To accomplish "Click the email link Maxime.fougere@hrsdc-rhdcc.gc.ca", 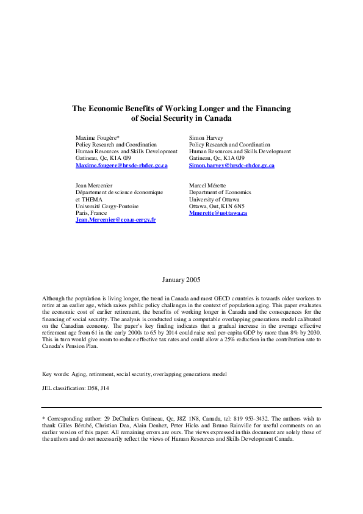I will [x=121, y=165].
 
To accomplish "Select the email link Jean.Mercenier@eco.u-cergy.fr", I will [x=115, y=220].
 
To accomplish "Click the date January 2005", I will [x=181, y=280].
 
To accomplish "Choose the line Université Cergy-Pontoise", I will [x=104, y=206].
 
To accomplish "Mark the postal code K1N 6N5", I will [x=235, y=206].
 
